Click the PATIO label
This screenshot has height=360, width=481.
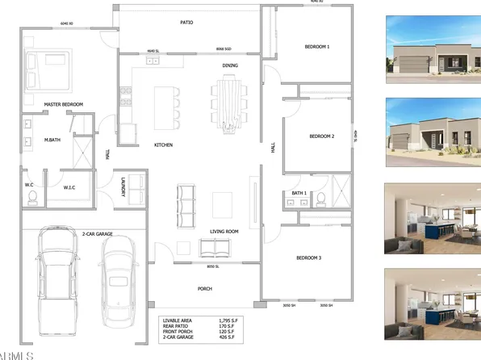click(x=186, y=23)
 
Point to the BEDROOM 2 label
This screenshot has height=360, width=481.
click(x=321, y=136)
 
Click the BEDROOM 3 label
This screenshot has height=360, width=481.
click(x=309, y=257)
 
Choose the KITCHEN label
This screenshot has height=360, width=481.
click(x=143, y=145)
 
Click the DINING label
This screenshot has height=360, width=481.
click(x=230, y=65)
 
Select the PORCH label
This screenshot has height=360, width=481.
click(x=204, y=287)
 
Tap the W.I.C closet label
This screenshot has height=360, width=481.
click(x=69, y=187)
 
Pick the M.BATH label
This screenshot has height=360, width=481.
click(x=54, y=140)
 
